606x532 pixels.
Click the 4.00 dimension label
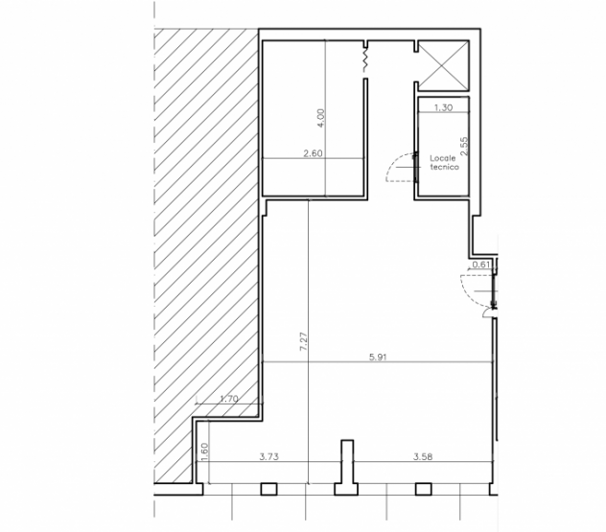tap(321, 118)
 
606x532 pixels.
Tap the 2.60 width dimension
tap(313, 153)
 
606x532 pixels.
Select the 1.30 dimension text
tap(443, 107)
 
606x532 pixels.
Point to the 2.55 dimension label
tap(464, 146)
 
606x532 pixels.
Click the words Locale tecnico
tap(444, 162)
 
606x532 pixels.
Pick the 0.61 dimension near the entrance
tap(481, 265)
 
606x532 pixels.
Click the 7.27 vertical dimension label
tap(304, 341)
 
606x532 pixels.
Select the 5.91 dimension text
tap(378, 357)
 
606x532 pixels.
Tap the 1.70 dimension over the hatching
tap(229, 399)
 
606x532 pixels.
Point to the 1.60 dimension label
tap(204, 451)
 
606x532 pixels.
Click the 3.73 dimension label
tap(269, 456)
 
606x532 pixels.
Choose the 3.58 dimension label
tap(423, 456)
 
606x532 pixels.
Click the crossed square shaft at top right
tap(443, 66)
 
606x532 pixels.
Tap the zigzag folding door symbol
tap(364, 58)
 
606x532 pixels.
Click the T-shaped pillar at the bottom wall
tap(347, 468)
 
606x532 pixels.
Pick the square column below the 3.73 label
tap(269, 489)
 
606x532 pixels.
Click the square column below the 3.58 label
tap(423, 489)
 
